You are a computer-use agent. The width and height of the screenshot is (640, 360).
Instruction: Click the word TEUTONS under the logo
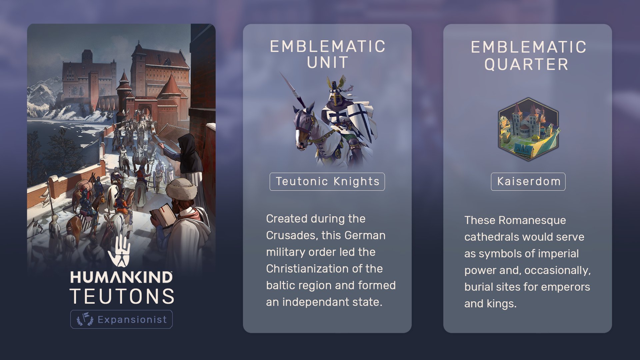pos(122,296)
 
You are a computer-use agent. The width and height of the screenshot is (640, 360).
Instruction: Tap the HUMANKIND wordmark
pos(122,277)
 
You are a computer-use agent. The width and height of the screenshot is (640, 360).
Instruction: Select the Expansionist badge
pos(121,319)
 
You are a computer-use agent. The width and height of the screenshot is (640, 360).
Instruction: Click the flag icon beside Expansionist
pos(85,319)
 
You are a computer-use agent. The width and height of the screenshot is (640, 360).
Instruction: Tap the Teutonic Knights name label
pos(327,182)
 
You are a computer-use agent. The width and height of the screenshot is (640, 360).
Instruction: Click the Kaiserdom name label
pos(528,182)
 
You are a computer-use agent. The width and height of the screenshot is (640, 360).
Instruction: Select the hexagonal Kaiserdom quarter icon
pos(528,129)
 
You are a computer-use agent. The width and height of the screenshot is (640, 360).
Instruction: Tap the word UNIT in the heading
pos(328,63)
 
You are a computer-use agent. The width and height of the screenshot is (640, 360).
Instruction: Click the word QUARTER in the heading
pos(527,64)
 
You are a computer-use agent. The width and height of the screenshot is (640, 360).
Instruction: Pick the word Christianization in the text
pos(308,269)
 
